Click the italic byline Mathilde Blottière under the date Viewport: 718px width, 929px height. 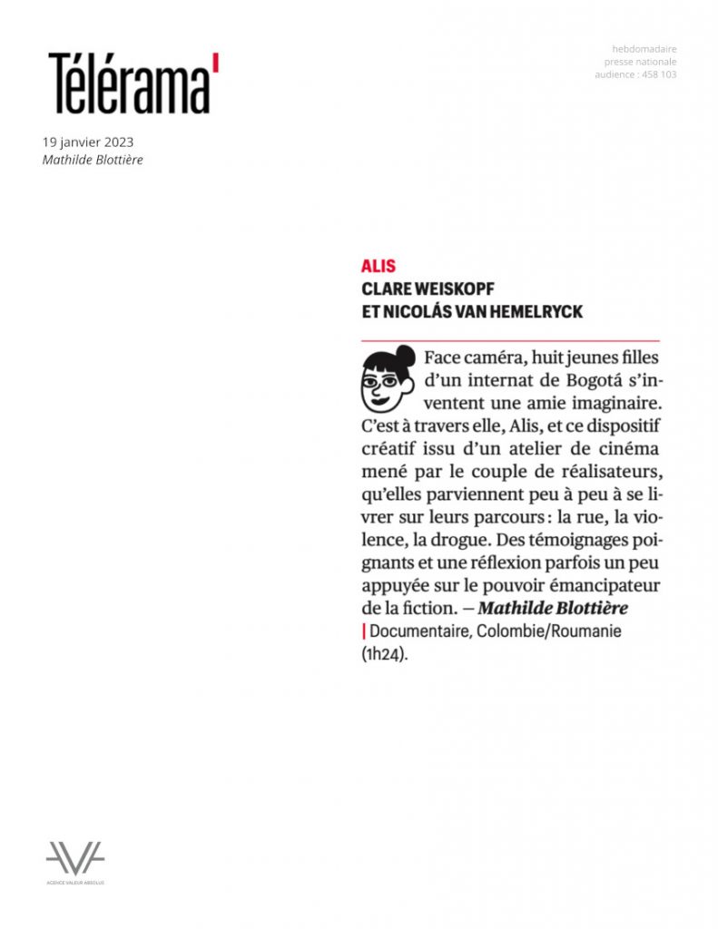[x=93, y=161]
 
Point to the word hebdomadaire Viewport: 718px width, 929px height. [x=644, y=49]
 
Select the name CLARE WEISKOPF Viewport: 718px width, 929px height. [x=427, y=289]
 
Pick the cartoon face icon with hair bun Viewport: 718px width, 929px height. [x=388, y=379]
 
